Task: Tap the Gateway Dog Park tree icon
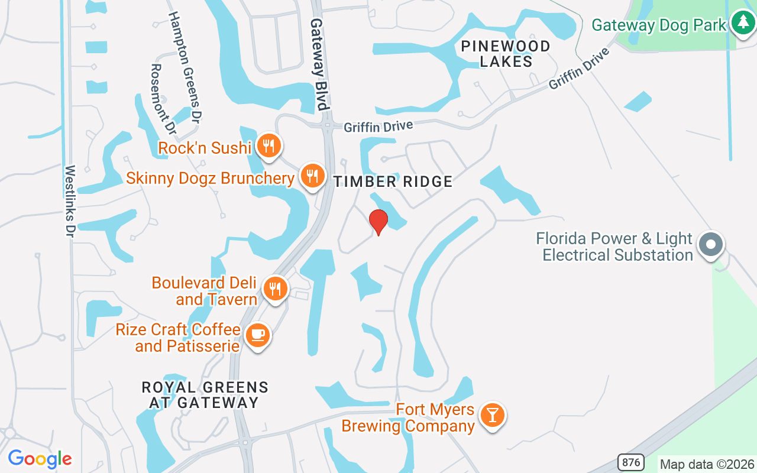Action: [x=742, y=23]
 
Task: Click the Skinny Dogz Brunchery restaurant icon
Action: [x=312, y=176]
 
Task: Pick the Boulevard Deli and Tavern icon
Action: [x=275, y=289]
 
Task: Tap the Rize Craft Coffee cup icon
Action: [x=257, y=335]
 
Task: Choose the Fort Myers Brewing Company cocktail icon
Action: [x=491, y=414]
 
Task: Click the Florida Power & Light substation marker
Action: [x=711, y=244]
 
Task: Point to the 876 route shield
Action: [x=631, y=462]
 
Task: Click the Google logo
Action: [x=40, y=459]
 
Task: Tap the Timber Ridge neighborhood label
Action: [x=393, y=182]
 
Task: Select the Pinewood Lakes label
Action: [x=506, y=53]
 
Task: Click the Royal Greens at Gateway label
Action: [x=205, y=395]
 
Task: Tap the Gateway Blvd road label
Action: [x=319, y=64]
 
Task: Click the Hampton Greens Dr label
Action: [x=185, y=67]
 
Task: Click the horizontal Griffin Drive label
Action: [x=378, y=126]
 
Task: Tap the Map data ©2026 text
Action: [x=707, y=464]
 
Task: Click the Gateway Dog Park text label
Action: [x=659, y=25]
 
